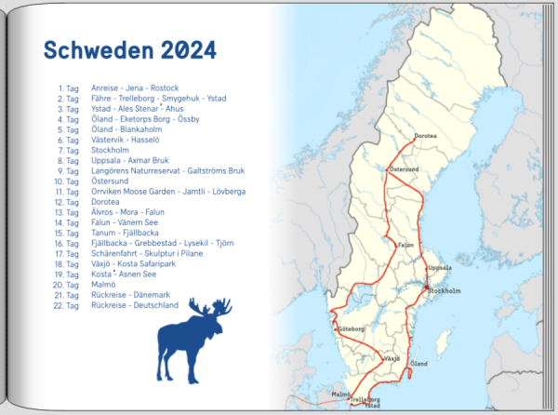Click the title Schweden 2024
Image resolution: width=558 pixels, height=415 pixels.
(130, 49)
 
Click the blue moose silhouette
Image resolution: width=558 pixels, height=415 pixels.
(195, 340)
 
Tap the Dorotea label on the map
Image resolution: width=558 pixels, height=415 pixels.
(426, 135)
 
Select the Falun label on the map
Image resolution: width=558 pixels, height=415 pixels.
(405, 245)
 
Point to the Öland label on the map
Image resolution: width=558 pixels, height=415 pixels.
(419, 362)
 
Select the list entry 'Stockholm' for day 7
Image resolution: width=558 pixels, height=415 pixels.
(111, 150)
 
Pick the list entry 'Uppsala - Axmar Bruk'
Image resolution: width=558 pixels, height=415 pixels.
(127, 160)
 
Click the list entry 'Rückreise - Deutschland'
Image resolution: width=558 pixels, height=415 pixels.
(135, 304)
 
